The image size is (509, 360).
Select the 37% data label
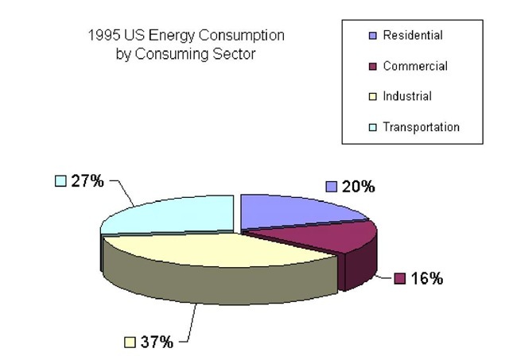pos(157,343)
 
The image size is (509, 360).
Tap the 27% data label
pos(87,181)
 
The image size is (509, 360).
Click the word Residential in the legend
pos(412,36)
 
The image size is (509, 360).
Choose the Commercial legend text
pos(414,66)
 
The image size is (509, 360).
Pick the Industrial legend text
pos(406,96)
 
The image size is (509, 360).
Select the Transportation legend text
pos(421,126)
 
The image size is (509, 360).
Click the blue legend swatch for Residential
pos(372,36)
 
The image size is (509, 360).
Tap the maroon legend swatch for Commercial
pos(372,66)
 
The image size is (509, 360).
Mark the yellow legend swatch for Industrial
pos(372,96)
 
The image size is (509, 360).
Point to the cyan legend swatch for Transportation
pos(372,126)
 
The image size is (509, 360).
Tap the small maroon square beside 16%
pos(400,279)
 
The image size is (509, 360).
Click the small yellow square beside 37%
pos(130,343)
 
